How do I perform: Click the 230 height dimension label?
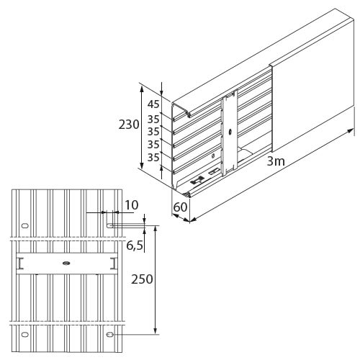[129, 125]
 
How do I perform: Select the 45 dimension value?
[153, 104]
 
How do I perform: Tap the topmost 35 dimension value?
[153, 119]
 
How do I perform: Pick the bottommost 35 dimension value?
[153, 158]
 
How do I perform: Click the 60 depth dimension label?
[180, 207]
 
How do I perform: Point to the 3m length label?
[276, 161]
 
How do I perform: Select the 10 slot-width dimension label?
[132, 205]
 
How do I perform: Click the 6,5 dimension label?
[135, 246]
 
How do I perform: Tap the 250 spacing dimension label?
[142, 279]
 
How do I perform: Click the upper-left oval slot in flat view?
[25, 225]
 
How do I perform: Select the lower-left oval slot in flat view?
[25, 334]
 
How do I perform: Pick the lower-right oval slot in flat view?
[110, 334]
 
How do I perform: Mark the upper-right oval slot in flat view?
[110, 225]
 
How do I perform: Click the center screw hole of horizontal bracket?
[66, 264]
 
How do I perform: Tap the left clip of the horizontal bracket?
[20, 264]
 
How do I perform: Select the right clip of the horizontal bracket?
[114, 264]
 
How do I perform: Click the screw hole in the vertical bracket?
[230, 132]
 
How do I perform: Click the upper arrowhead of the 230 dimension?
[142, 89]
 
